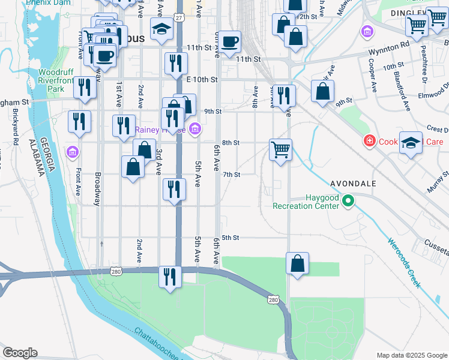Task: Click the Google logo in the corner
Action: pyautogui.click(x=20, y=353)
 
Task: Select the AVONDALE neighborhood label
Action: pyautogui.click(x=353, y=183)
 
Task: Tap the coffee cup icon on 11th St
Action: pyautogui.click(x=229, y=43)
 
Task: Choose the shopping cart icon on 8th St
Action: pyautogui.click(x=280, y=149)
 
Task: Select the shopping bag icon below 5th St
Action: pyautogui.click(x=298, y=263)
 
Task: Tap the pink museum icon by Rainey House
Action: pyautogui.click(x=194, y=129)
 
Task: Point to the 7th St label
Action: pyautogui.click(x=232, y=175)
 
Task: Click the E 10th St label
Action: pyautogui.click(x=200, y=79)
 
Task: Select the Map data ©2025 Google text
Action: pyautogui.click(x=411, y=355)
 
